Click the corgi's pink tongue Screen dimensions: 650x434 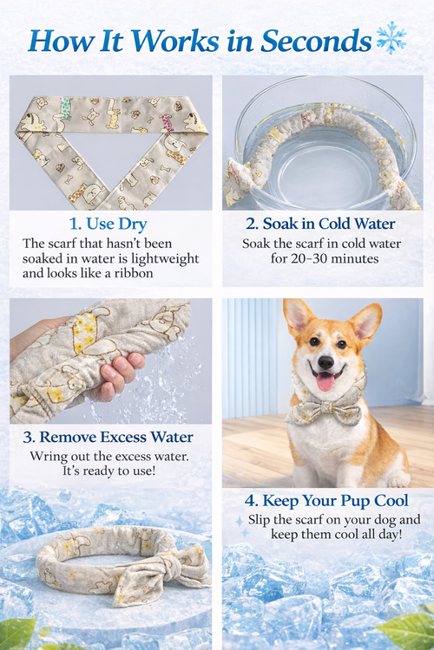[x=325, y=381]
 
